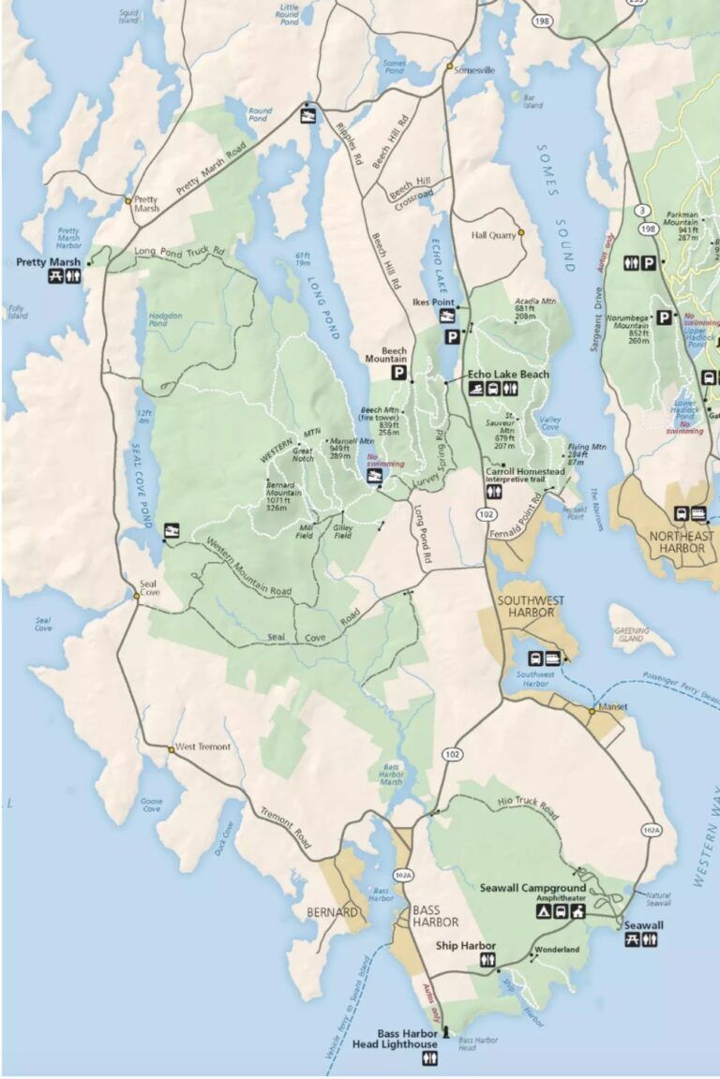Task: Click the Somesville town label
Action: click(474, 70)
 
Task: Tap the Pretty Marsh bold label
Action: click(49, 262)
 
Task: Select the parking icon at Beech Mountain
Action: click(398, 374)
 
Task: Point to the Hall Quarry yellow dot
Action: click(521, 232)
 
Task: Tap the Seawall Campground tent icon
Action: click(542, 910)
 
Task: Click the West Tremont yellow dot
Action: click(171, 749)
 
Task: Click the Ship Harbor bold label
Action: click(465, 945)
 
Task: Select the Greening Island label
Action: click(631, 634)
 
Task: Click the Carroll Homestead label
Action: click(524, 471)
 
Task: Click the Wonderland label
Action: click(558, 950)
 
